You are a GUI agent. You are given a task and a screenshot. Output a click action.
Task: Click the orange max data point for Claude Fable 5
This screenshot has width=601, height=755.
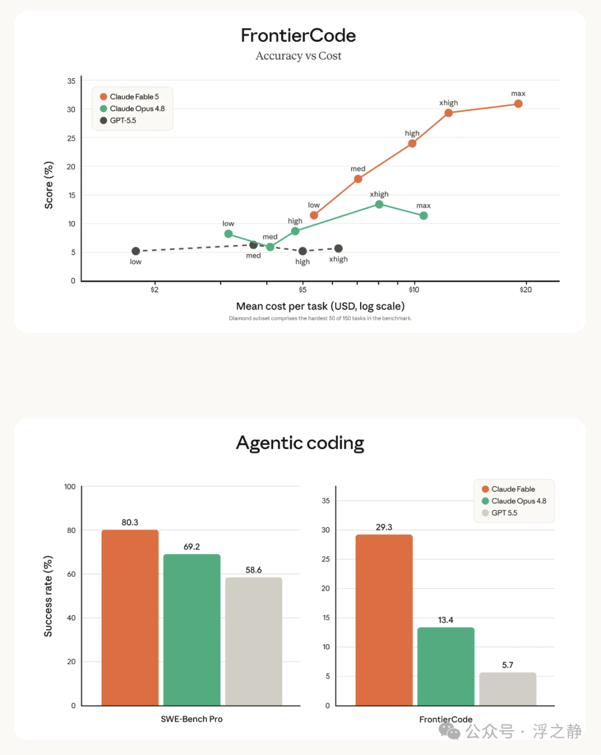(518, 103)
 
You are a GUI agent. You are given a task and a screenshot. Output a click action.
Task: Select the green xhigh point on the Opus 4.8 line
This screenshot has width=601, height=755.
(380, 204)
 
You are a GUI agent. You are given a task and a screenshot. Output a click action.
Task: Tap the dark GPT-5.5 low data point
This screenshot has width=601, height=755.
(136, 251)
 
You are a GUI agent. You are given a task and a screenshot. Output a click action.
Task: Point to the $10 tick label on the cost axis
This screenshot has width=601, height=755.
(414, 289)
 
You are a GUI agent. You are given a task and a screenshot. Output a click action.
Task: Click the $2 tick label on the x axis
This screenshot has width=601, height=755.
(154, 289)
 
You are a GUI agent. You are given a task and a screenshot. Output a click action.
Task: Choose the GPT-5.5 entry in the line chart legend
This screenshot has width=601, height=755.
(118, 120)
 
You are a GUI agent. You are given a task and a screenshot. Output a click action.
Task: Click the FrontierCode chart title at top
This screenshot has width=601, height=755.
(298, 36)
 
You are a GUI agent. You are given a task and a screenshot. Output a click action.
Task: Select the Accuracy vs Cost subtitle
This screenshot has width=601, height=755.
(298, 56)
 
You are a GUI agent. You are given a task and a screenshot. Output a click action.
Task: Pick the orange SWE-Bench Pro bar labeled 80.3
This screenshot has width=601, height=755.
(130, 618)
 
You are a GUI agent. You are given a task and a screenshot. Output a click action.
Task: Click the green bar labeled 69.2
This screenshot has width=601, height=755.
(192, 630)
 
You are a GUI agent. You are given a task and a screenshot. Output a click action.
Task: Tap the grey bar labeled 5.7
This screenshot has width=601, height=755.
(508, 689)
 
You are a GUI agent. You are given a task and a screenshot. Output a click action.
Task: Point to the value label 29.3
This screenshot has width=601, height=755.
(384, 527)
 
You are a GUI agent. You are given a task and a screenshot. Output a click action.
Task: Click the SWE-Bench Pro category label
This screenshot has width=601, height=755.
(191, 719)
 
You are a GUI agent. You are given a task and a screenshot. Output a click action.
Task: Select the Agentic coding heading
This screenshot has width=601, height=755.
(300, 443)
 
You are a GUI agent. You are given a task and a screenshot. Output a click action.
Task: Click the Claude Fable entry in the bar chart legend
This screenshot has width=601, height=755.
(509, 489)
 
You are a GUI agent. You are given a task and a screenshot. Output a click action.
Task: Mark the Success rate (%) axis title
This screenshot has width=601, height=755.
(48, 596)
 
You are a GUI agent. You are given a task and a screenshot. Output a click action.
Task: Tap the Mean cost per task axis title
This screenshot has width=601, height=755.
(321, 306)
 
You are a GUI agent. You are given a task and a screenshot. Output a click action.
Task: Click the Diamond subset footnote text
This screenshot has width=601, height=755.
(321, 318)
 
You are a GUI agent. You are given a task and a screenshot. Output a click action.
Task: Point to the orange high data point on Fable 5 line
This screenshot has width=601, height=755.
(412, 144)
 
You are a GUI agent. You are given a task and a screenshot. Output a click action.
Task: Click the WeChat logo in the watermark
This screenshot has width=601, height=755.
(449, 731)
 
